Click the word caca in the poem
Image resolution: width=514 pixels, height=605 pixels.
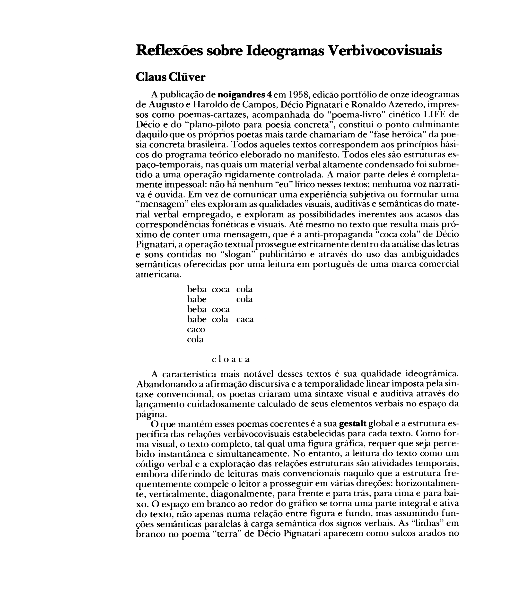pyautogui.click(x=245, y=320)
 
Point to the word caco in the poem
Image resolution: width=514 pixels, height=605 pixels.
pyautogui.click(x=196, y=329)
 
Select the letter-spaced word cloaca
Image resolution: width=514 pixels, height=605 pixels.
pyautogui.click(x=231, y=359)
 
